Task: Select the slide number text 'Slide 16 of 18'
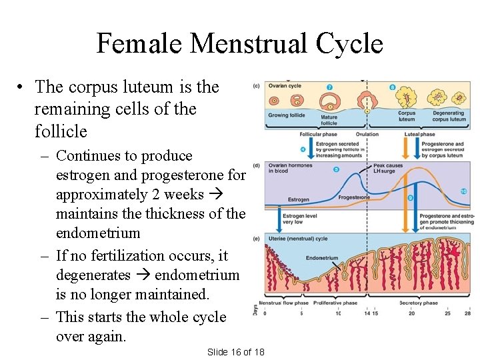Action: (x=235, y=351)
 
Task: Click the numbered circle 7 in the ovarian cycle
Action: (x=330, y=87)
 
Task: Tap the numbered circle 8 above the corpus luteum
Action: (x=392, y=87)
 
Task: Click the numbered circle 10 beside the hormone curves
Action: (x=463, y=192)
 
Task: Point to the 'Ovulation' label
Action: (x=367, y=134)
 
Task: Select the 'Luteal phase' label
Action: (x=420, y=134)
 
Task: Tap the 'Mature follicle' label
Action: (x=329, y=120)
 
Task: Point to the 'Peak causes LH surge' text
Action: (x=388, y=168)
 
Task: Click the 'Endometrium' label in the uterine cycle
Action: (x=322, y=258)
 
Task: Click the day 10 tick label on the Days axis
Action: (x=338, y=313)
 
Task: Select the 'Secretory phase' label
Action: (x=419, y=303)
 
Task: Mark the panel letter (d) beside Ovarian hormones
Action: (x=257, y=165)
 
